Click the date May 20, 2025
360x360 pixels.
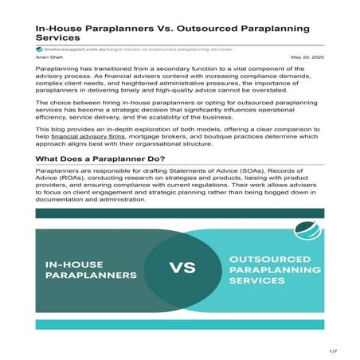[x=308, y=57]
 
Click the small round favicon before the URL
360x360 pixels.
[x=38, y=49]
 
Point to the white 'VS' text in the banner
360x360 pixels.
[x=180, y=268]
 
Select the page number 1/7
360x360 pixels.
[x=334, y=350]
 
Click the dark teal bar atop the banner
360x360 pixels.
[x=180, y=213]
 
